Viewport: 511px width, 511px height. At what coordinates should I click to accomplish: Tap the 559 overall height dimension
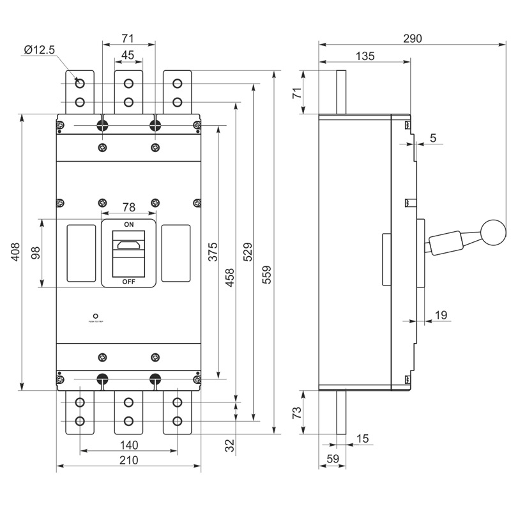click(267, 274)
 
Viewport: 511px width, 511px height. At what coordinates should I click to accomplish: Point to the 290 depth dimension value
click(413, 38)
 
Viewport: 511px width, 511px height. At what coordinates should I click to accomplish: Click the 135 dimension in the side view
click(364, 56)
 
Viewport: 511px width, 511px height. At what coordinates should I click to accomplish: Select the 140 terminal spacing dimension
click(128, 445)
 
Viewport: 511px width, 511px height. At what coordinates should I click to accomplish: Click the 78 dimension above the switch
click(128, 207)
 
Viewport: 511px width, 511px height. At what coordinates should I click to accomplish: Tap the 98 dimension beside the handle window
click(36, 253)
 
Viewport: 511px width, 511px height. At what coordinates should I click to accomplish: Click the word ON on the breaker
click(128, 225)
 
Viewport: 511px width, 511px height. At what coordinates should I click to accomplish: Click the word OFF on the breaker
click(128, 281)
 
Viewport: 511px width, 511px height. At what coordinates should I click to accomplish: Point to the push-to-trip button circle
click(95, 316)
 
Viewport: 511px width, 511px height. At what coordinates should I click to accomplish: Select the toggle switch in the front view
click(128, 245)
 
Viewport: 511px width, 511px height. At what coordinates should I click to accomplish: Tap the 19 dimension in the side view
click(440, 314)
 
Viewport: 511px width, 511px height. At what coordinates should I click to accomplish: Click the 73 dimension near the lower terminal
click(296, 413)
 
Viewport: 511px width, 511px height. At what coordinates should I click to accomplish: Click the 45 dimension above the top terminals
click(128, 56)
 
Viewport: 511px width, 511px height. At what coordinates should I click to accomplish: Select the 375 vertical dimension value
click(213, 253)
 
